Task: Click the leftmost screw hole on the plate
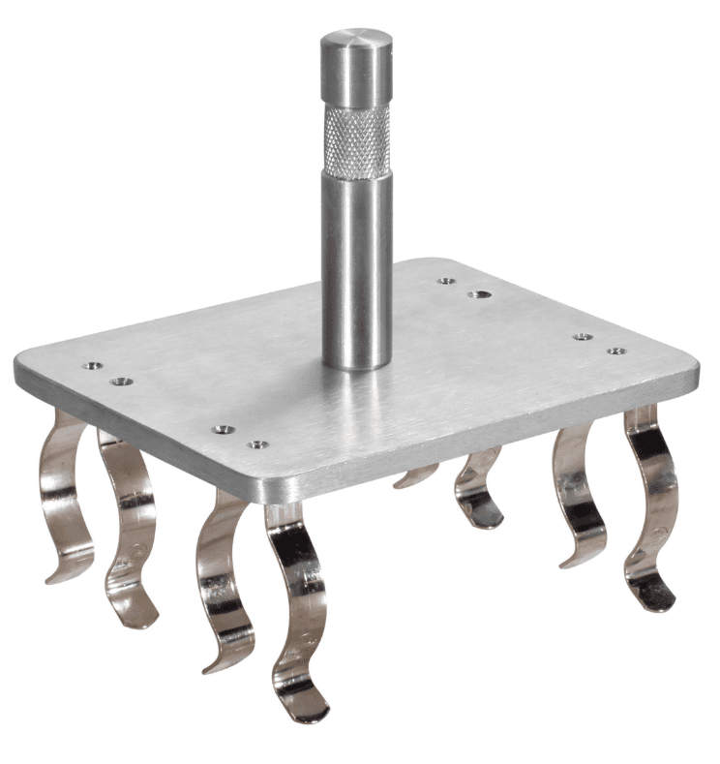[x=92, y=366]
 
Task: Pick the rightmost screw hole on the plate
[x=615, y=351]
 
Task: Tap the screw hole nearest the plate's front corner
[x=257, y=444]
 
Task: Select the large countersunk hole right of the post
[x=477, y=294]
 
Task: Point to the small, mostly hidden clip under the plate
[x=416, y=475]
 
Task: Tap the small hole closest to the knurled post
[x=446, y=281]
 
